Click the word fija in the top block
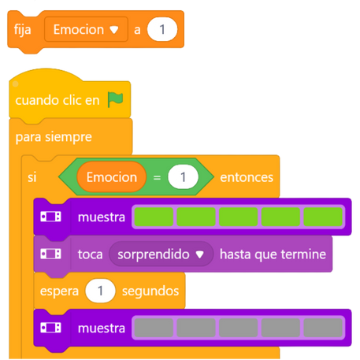[x=22, y=30]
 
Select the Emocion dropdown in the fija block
[x=86, y=29]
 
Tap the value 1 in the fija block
[x=162, y=29]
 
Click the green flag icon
[x=115, y=99]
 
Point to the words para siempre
[x=54, y=137]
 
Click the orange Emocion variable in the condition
[x=112, y=177]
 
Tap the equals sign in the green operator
[x=157, y=178]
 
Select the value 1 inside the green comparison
[x=183, y=177]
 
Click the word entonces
[x=247, y=177]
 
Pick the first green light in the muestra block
[x=154, y=217]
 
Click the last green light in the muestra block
[x=323, y=217]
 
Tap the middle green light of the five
[x=239, y=217]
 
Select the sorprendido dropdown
[x=161, y=254]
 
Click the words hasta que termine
[x=273, y=254]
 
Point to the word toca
[x=90, y=254]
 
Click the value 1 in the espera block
[x=100, y=291]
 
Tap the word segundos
[x=150, y=291]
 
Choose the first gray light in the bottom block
[x=154, y=328]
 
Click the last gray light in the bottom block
[x=323, y=328]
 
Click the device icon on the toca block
[x=50, y=254]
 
